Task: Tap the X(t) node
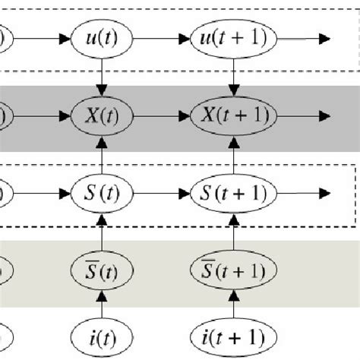(101, 116)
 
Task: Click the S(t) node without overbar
(101, 189)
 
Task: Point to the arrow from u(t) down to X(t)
(101, 76)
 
